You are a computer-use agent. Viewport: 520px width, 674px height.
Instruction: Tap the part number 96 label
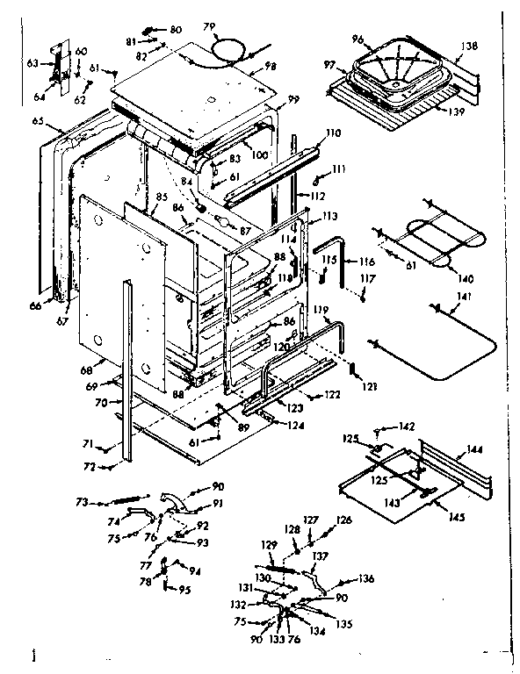(x=357, y=39)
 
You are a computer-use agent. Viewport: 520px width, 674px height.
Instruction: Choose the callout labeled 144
(x=475, y=449)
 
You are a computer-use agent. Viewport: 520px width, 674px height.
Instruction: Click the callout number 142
(x=406, y=427)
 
